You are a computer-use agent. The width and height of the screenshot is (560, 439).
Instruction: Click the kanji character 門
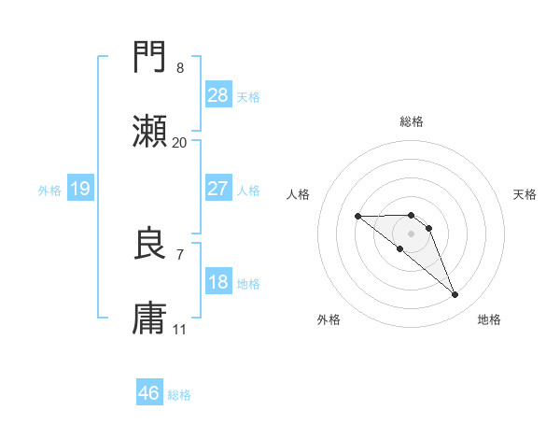tap(150, 59)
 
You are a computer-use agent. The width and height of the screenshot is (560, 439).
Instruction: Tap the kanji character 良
tap(150, 245)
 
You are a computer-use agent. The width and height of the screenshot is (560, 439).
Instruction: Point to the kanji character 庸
tap(150, 319)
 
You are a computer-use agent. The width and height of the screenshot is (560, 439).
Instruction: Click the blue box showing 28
tap(218, 95)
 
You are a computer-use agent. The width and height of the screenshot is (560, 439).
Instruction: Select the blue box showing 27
tap(218, 189)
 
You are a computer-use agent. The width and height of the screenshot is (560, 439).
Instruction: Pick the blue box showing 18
tap(218, 282)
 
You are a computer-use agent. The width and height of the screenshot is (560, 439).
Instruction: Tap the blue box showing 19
tap(80, 189)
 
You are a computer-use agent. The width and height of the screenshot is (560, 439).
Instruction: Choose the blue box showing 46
tap(149, 393)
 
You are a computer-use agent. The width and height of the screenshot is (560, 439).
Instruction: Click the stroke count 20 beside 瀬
tap(179, 143)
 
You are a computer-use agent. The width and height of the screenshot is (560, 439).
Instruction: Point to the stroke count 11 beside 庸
tap(179, 329)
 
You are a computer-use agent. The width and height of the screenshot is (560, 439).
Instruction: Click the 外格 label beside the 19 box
tap(49, 190)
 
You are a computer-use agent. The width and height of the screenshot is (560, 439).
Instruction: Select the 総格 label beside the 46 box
tap(179, 395)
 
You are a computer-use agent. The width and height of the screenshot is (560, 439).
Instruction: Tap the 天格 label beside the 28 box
tap(248, 97)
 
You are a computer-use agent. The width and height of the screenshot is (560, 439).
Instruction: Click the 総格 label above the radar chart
tap(412, 121)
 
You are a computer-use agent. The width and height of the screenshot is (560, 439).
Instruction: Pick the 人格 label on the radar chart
tap(299, 194)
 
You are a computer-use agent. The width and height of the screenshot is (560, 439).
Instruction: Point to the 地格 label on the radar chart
tap(489, 319)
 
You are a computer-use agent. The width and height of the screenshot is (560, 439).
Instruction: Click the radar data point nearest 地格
tap(455, 295)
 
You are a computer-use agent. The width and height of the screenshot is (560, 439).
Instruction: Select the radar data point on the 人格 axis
tap(357, 217)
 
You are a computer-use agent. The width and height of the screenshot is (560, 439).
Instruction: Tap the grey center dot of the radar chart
tap(411, 234)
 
